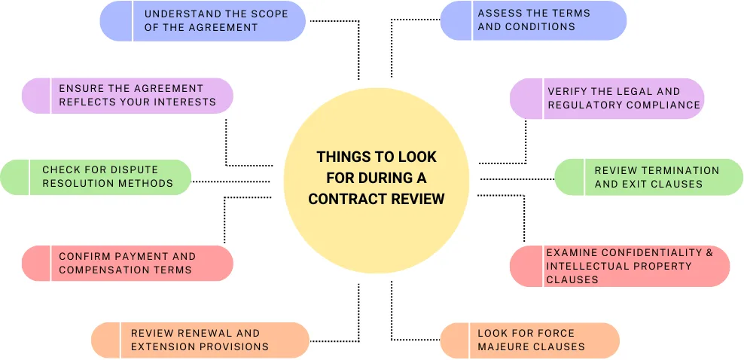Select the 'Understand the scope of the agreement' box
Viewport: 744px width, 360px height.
click(203, 20)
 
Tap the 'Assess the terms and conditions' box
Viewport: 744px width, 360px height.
click(533, 20)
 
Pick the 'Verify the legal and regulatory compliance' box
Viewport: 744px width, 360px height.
click(607, 99)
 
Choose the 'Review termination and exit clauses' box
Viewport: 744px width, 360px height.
click(649, 177)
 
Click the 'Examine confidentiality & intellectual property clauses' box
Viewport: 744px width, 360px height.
click(620, 266)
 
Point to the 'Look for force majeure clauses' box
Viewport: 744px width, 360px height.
click(530, 340)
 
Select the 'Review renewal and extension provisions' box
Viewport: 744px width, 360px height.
click(200, 340)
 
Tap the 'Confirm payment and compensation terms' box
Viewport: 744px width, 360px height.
click(127, 263)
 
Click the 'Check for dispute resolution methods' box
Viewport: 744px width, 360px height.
click(96, 177)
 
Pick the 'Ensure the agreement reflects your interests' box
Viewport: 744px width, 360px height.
click(127, 96)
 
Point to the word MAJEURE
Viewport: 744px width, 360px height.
click(505, 346)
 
